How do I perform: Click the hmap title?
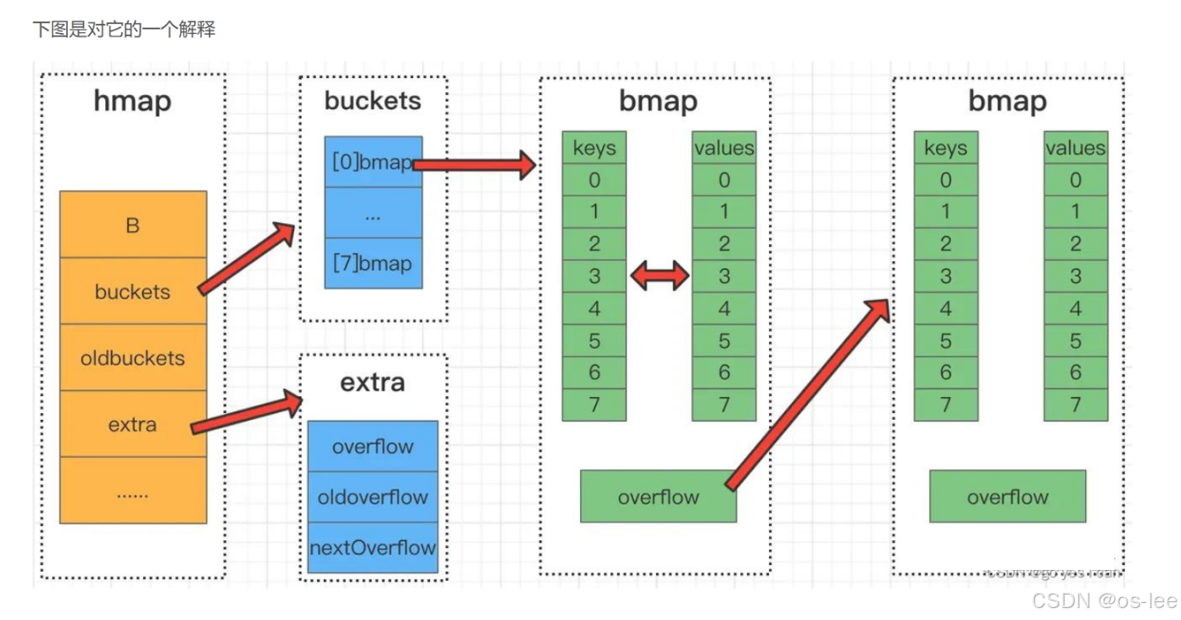(133, 102)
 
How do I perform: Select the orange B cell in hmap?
(133, 225)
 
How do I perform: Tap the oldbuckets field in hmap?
(133, 358)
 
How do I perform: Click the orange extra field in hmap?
(133, 424)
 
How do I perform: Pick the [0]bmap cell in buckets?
(373, 162)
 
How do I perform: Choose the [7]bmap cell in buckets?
(373, 264)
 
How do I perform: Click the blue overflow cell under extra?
(373, 446)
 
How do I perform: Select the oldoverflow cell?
(373, 497)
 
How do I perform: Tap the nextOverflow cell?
(373, 547)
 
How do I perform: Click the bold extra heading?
(373, 383)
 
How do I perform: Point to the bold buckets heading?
(373, 101)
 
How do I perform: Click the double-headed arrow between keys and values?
(659, 276)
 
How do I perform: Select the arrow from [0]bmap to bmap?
(475, 165)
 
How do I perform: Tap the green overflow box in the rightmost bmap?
(1007, 496)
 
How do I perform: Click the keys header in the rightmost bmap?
(945, 148)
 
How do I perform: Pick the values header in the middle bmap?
(723, 148)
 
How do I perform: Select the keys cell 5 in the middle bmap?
(594, 340)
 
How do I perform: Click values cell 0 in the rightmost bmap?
(1075, 180)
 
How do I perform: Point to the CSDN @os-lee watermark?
(1104, 600)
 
